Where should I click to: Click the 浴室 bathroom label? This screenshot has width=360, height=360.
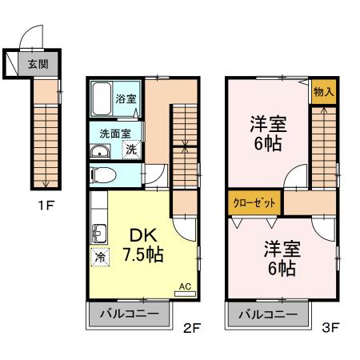(x=126, y=99)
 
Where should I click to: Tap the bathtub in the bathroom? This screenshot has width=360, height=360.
(x=101, y=99)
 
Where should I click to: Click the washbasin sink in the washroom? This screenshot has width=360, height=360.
(x=101, y=153)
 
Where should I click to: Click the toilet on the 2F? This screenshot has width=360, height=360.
(x=104, y=174)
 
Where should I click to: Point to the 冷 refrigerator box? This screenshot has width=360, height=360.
(x=101, y=257)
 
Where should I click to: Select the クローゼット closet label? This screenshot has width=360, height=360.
(x=254, y=202)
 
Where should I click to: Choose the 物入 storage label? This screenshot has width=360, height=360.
(x=323, y=91)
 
